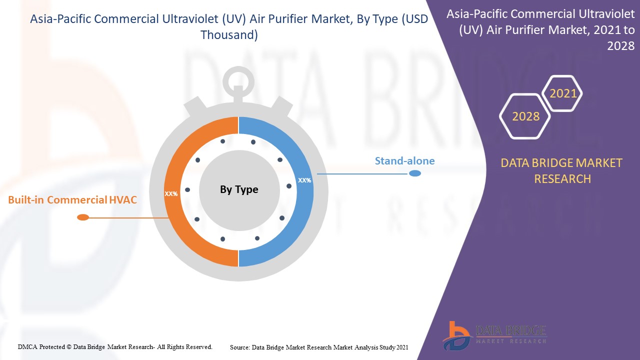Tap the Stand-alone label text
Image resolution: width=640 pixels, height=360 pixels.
click(x=404, y=161)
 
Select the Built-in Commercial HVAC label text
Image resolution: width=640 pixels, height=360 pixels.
click(x=72, y=200)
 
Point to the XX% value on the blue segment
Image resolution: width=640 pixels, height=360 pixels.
click(x=304, y=180)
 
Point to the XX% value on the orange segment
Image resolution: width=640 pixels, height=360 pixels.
click(x=171, y=193)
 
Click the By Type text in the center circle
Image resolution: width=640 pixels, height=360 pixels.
click(x=239, y=189)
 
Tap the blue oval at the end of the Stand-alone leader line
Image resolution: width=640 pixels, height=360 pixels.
click(x=414, y=173)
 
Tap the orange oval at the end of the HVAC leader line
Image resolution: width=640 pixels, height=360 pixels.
click(x=83, y=217)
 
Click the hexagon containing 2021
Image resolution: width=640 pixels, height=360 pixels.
click(x=563, y=93)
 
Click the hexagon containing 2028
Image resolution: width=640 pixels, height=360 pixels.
click(x=525, y=116)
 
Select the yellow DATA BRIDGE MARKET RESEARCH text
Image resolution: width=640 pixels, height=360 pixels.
click(x=562, y=170)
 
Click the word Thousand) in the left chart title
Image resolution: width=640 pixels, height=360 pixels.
click(x=229, y=35)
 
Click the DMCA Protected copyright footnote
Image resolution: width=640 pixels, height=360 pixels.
click(x=115, y=346)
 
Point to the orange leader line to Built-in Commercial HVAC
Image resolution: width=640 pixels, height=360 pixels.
click(x=127, y=217)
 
